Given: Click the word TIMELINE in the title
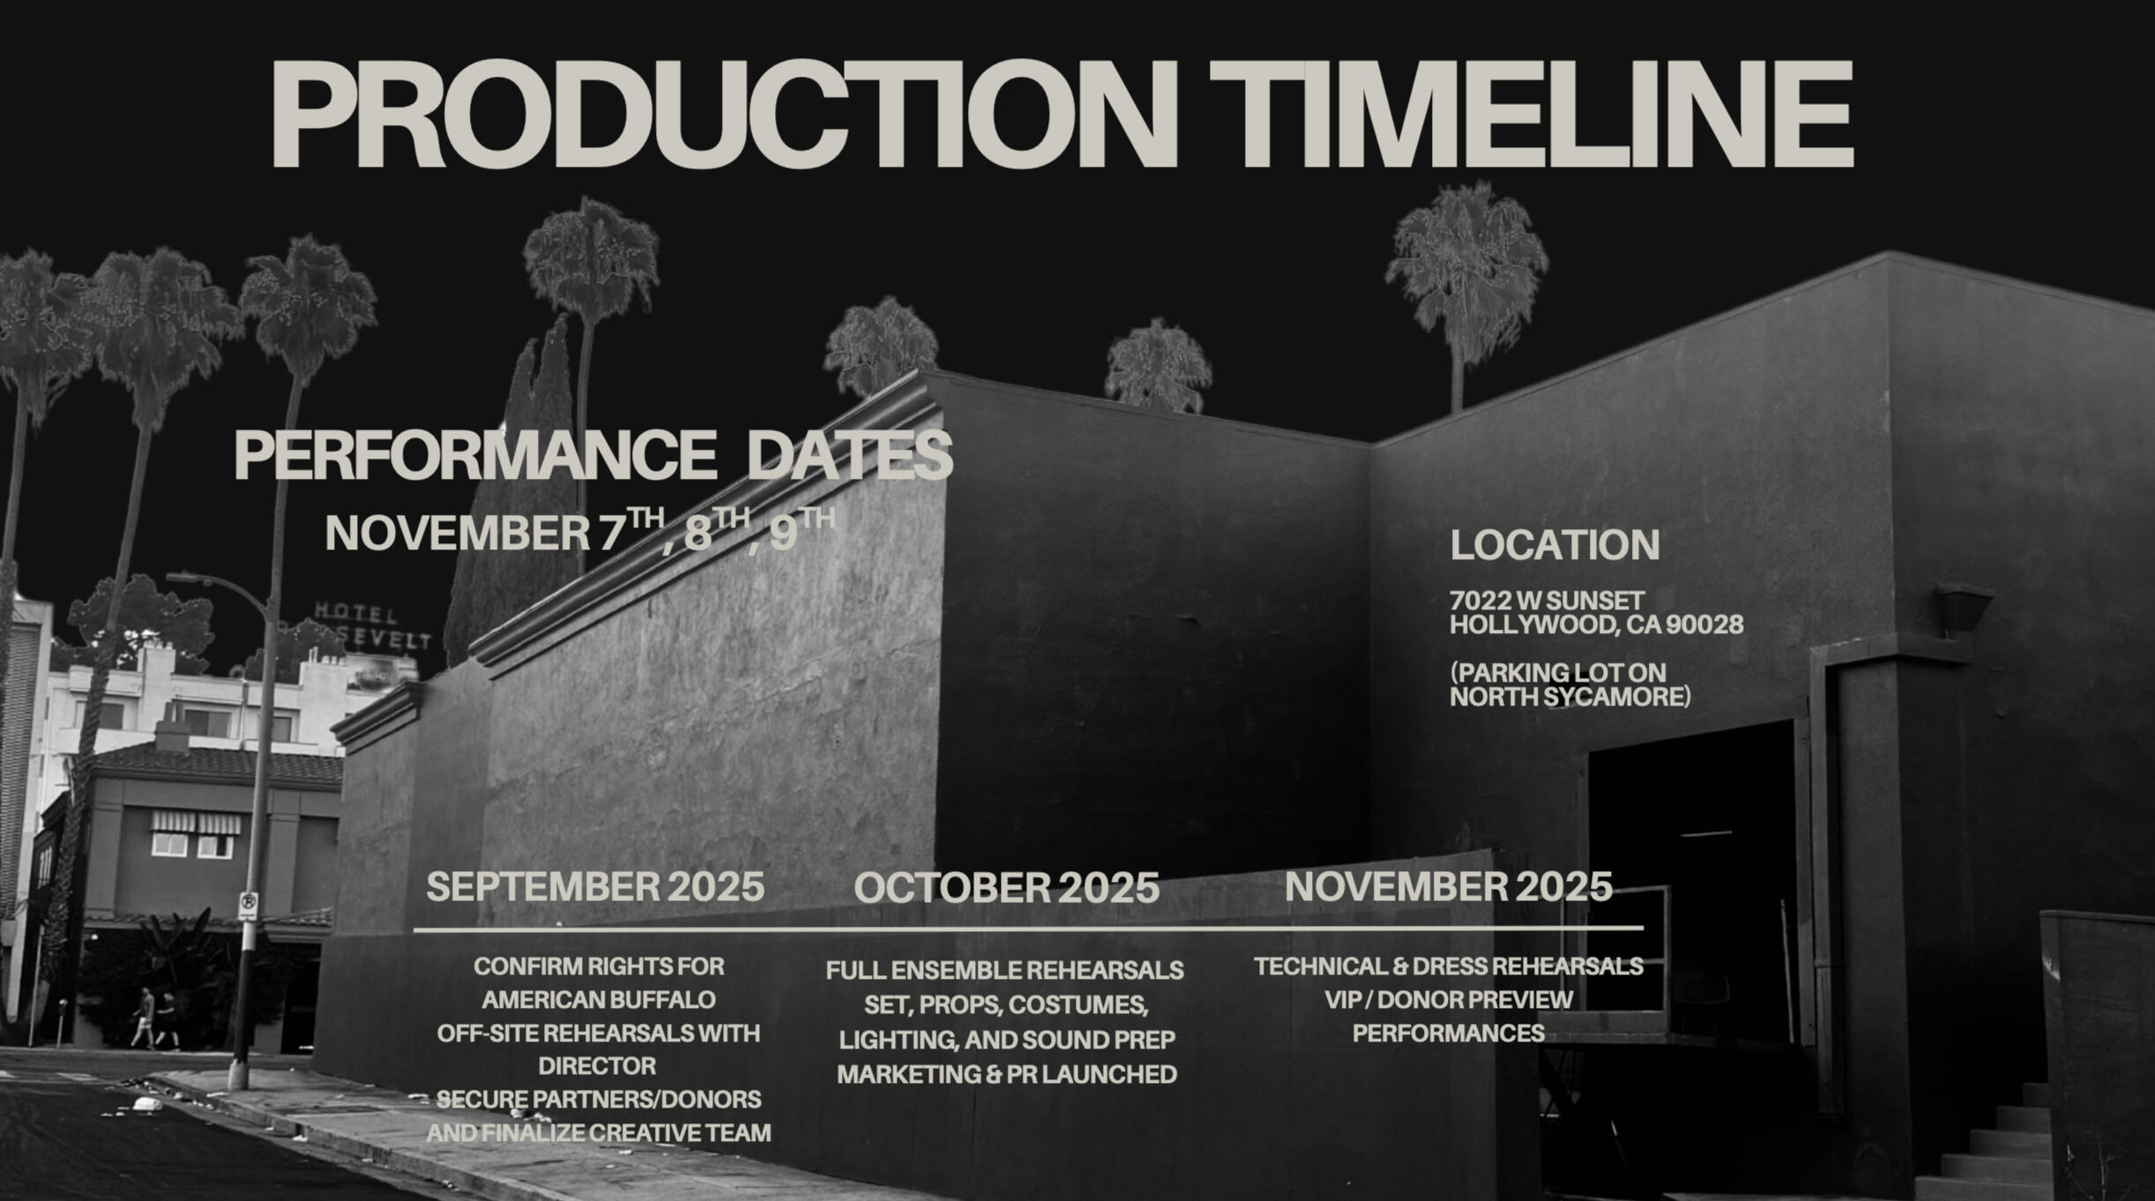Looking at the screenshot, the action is point(1532,114).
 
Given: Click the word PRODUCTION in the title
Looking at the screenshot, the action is point(724,114).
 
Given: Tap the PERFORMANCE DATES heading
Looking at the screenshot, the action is point(593,455).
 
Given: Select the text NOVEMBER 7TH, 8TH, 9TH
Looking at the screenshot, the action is point(580,530).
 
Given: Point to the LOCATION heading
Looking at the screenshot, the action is point(1555,545).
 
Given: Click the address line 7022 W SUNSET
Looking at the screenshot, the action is point(1547,600).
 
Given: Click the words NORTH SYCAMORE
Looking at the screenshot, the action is point(1567,697).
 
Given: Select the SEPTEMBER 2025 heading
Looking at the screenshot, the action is point(595,887).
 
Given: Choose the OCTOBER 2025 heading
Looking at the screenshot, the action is point(1006,888).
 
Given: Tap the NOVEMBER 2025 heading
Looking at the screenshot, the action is point(1449,886).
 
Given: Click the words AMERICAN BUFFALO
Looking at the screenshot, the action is point(599,1000).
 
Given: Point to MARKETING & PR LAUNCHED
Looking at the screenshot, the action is point(1006,1075).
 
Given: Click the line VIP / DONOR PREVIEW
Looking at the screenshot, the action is point(1449,1000).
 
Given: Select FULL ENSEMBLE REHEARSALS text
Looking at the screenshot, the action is point(1005,971).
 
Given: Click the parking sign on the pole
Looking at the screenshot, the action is point(248,906).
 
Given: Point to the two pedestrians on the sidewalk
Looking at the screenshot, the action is point(155,1018).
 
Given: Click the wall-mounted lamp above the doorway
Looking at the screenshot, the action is point(1964,608).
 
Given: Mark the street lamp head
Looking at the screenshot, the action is point(183,578).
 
